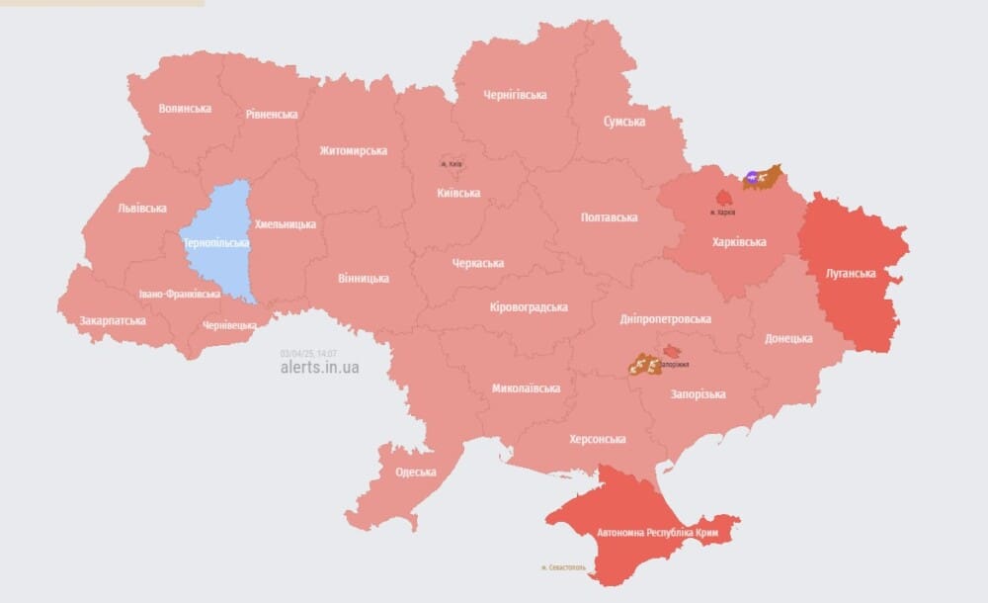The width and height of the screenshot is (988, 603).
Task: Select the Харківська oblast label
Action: pyautogui.click(x=739, y=241)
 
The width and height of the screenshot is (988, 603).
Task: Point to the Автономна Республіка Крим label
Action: pyautogui.click(x=656, y=533)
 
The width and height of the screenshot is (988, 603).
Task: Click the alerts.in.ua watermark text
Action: pyautogui.click(x=320, y=367)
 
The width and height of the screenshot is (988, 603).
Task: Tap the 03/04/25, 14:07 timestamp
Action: pyautogui.click(x=308, y=353)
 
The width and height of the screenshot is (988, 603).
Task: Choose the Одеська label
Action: pyautogui.click(x=416, y=472)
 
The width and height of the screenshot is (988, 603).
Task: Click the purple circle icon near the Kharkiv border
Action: pyautogui.click(x=753, y=178)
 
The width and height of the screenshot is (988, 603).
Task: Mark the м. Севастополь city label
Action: pyautogui.click(x=563, y=567)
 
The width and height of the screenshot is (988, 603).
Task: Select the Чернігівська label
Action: pyautogui.click(x=515, y=95)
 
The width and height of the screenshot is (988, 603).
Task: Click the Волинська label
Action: pyautogui.click(x=185, y=108)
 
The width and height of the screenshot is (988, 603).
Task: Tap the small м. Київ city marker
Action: pyautogui.click(x=451, y=163)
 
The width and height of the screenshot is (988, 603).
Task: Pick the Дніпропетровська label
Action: pyautogui.click(x=665, y=319)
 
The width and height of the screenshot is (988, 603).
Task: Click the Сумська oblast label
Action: pyautogui.click(x=624, y=122)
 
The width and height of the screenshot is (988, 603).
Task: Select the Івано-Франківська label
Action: pyautogui.click(x=180, y=295)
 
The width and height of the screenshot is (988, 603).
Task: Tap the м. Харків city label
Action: pyautogui.click(x=723, y=213)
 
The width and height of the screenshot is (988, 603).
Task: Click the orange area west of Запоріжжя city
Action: pyautogui.click(x=644, y=366)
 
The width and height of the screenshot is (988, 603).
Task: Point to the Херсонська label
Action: pyautogui.click(x=598, y=439)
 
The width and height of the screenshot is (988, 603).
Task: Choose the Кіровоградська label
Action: pyautogui.click(x=529, y=306)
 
